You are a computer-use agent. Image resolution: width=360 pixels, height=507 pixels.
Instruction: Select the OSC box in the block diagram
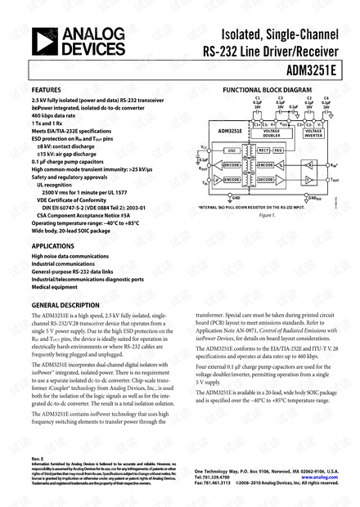click(232, 150)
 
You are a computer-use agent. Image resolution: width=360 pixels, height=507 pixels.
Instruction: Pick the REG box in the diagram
click(277, 150)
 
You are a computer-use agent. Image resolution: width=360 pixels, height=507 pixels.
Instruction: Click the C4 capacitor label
click(326, 99)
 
